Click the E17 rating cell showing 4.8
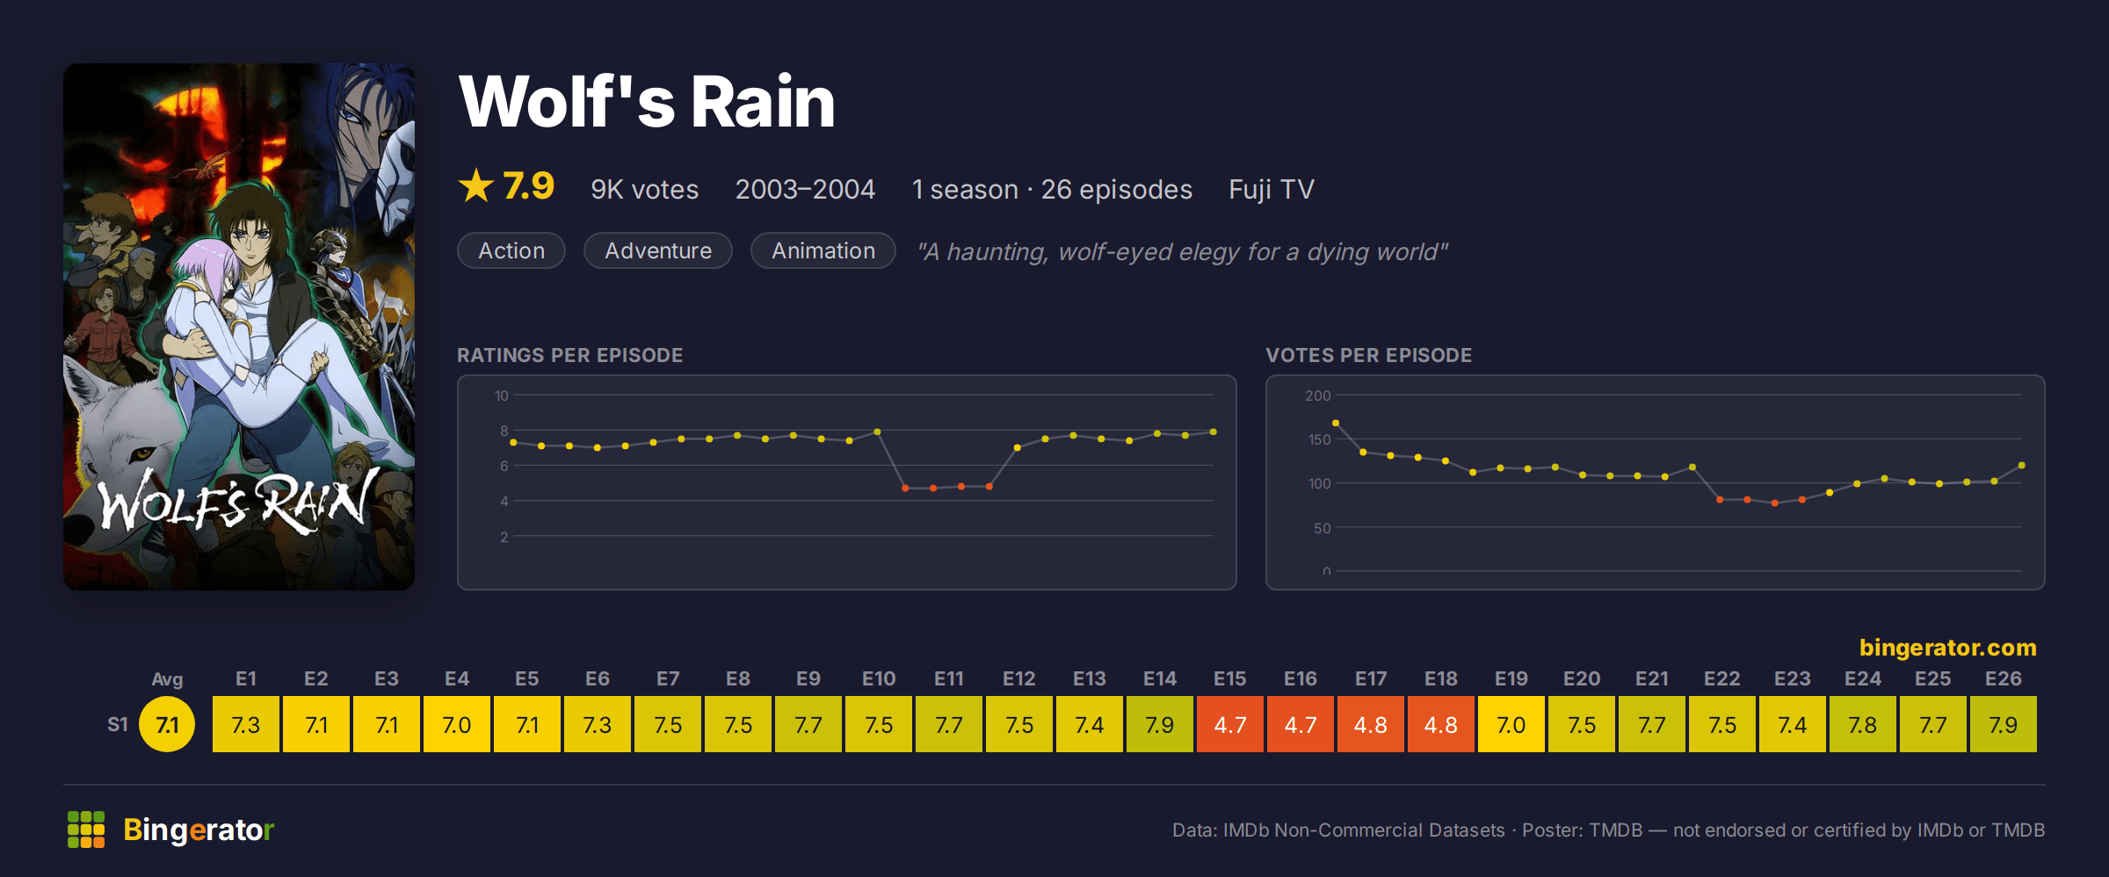pos(1370,724)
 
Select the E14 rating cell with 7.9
pos(1159,724)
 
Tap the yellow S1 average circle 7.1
pos(167,724)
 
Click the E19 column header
pos(1511,678)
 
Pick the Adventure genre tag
pos(658,250)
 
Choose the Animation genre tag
pos(823,250)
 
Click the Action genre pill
pos(511,250)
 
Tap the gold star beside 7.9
pos(476,185)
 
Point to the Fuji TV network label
pos(1271,189)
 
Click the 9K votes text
pos(644,189)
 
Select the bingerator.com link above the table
pos(1947,648)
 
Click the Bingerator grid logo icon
pos(86,830)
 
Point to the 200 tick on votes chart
pos(1317,395)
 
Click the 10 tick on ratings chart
pos(501,395)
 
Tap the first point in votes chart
pos(1336,424)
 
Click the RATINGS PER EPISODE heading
pos(569,355)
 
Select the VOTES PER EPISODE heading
pos(1368,355)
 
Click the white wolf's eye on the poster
pos(141,454)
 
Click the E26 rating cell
pos(2003,724)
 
